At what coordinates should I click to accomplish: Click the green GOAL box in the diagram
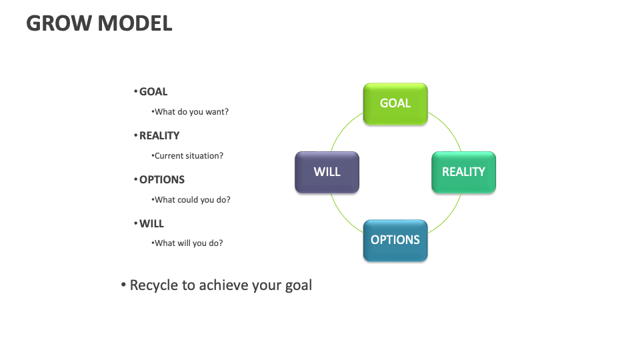395,103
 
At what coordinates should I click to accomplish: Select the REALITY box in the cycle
463,172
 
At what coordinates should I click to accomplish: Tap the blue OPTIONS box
395,240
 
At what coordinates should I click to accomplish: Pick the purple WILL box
327,172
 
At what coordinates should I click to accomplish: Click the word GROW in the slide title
59,23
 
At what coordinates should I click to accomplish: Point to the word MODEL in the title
135,23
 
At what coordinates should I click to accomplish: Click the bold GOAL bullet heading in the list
153,92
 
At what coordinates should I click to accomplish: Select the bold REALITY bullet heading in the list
159,136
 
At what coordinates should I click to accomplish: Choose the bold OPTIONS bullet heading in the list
162,180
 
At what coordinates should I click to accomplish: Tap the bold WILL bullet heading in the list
151,224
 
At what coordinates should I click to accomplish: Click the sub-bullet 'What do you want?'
191,112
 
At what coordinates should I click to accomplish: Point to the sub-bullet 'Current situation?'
189,156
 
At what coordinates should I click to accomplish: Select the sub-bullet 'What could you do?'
192,200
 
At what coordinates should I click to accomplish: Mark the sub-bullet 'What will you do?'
189,243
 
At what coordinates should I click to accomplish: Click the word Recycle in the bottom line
154,285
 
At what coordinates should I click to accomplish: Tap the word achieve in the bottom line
223,285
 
